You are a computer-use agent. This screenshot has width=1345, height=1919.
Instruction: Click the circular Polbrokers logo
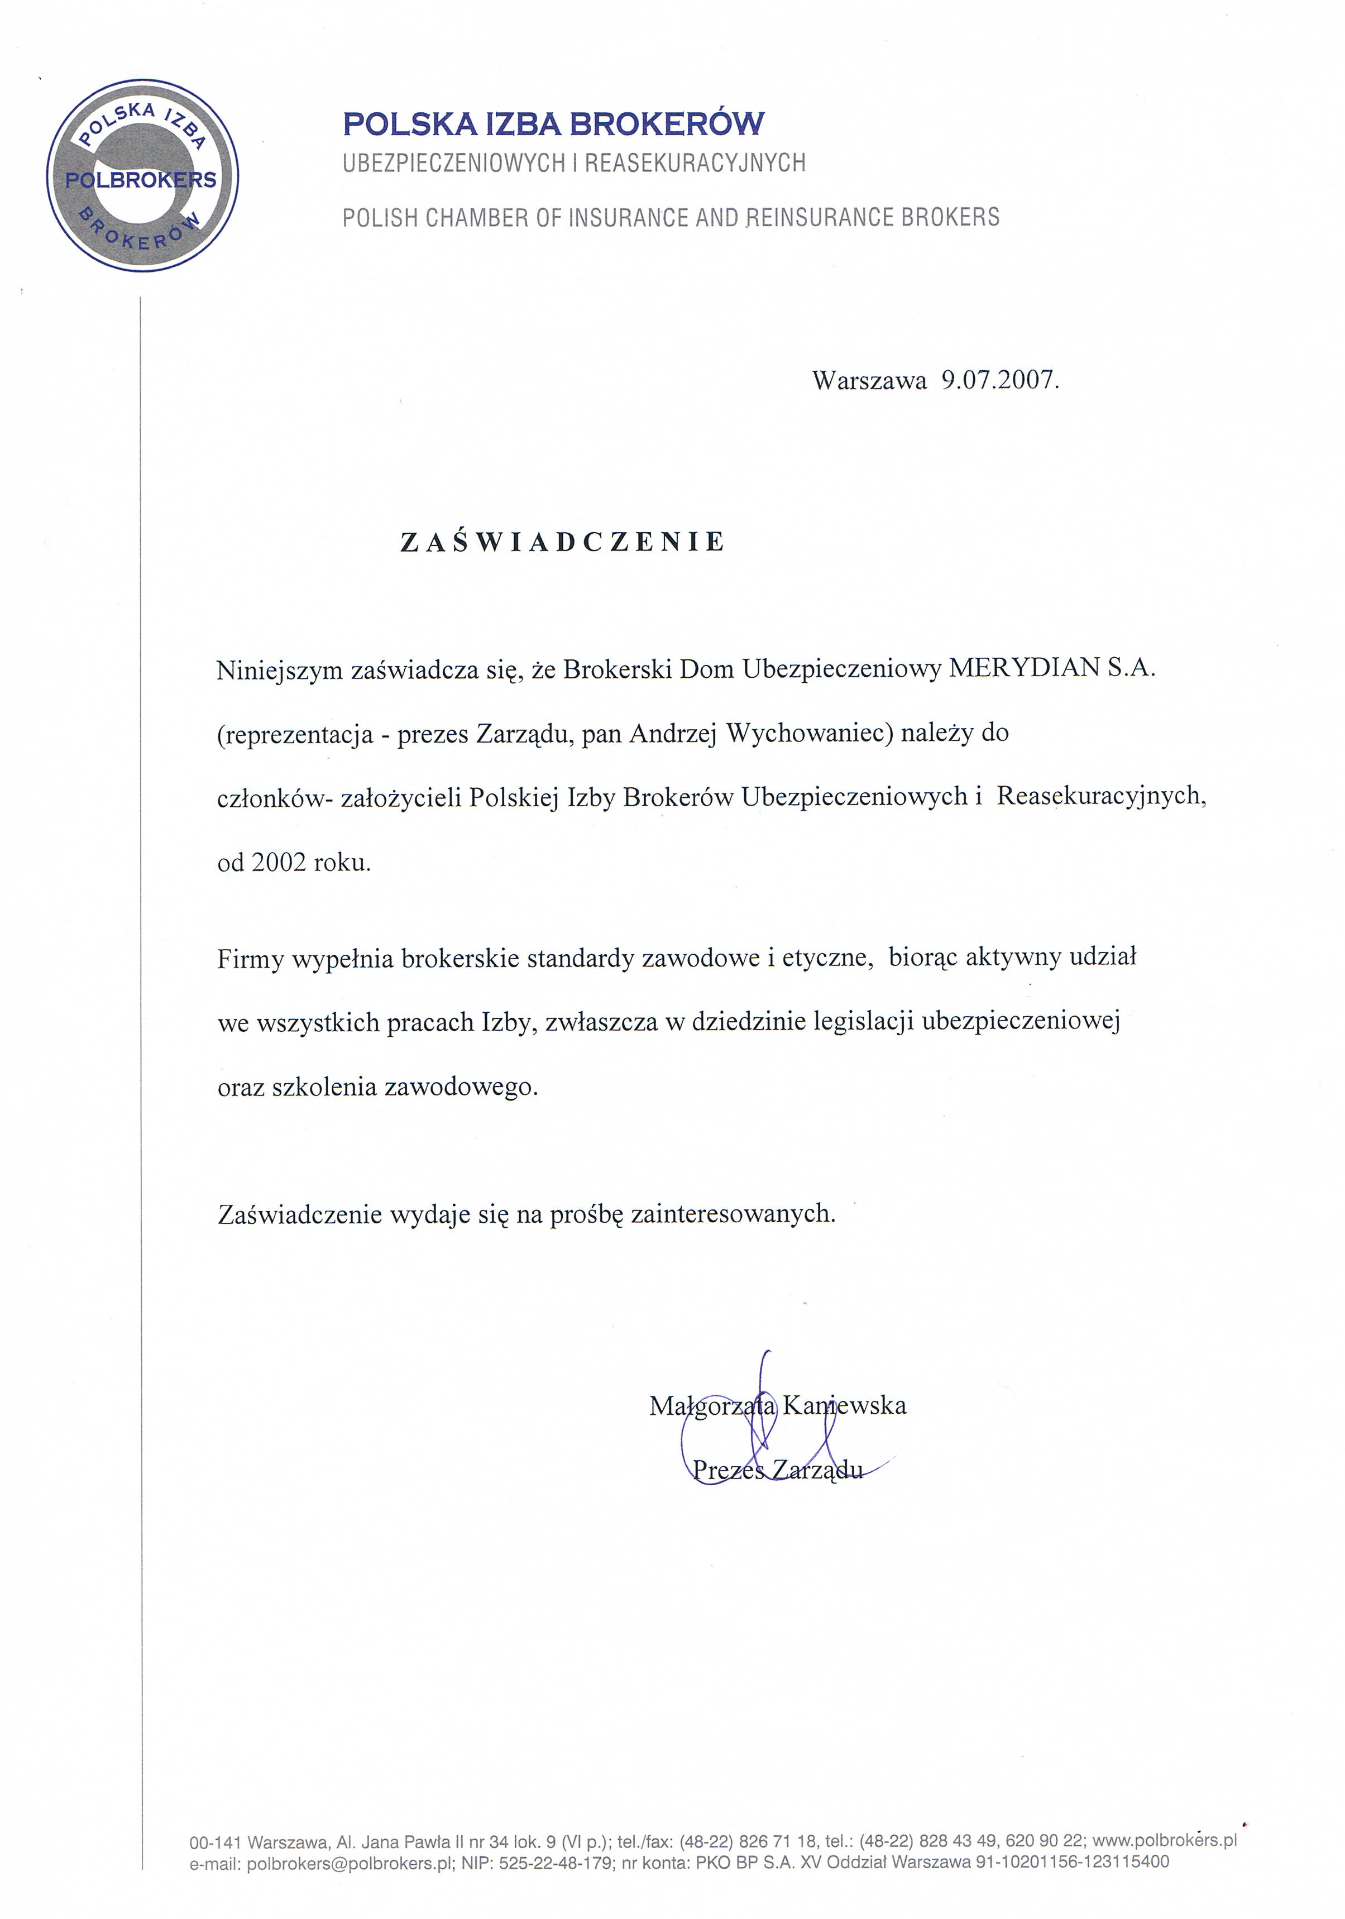142,175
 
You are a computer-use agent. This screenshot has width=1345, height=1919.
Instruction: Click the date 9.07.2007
1000,381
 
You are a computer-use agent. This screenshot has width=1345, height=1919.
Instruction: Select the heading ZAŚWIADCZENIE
563,543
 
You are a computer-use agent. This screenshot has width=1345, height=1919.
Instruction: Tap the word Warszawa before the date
869,381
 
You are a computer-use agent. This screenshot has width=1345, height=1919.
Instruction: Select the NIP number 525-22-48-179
555,1862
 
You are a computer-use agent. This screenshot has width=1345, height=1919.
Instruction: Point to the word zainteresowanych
733,1214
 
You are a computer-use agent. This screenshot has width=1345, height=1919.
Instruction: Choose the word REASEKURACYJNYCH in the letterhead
695,163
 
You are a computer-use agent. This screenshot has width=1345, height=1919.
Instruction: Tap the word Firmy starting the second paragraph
250,959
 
